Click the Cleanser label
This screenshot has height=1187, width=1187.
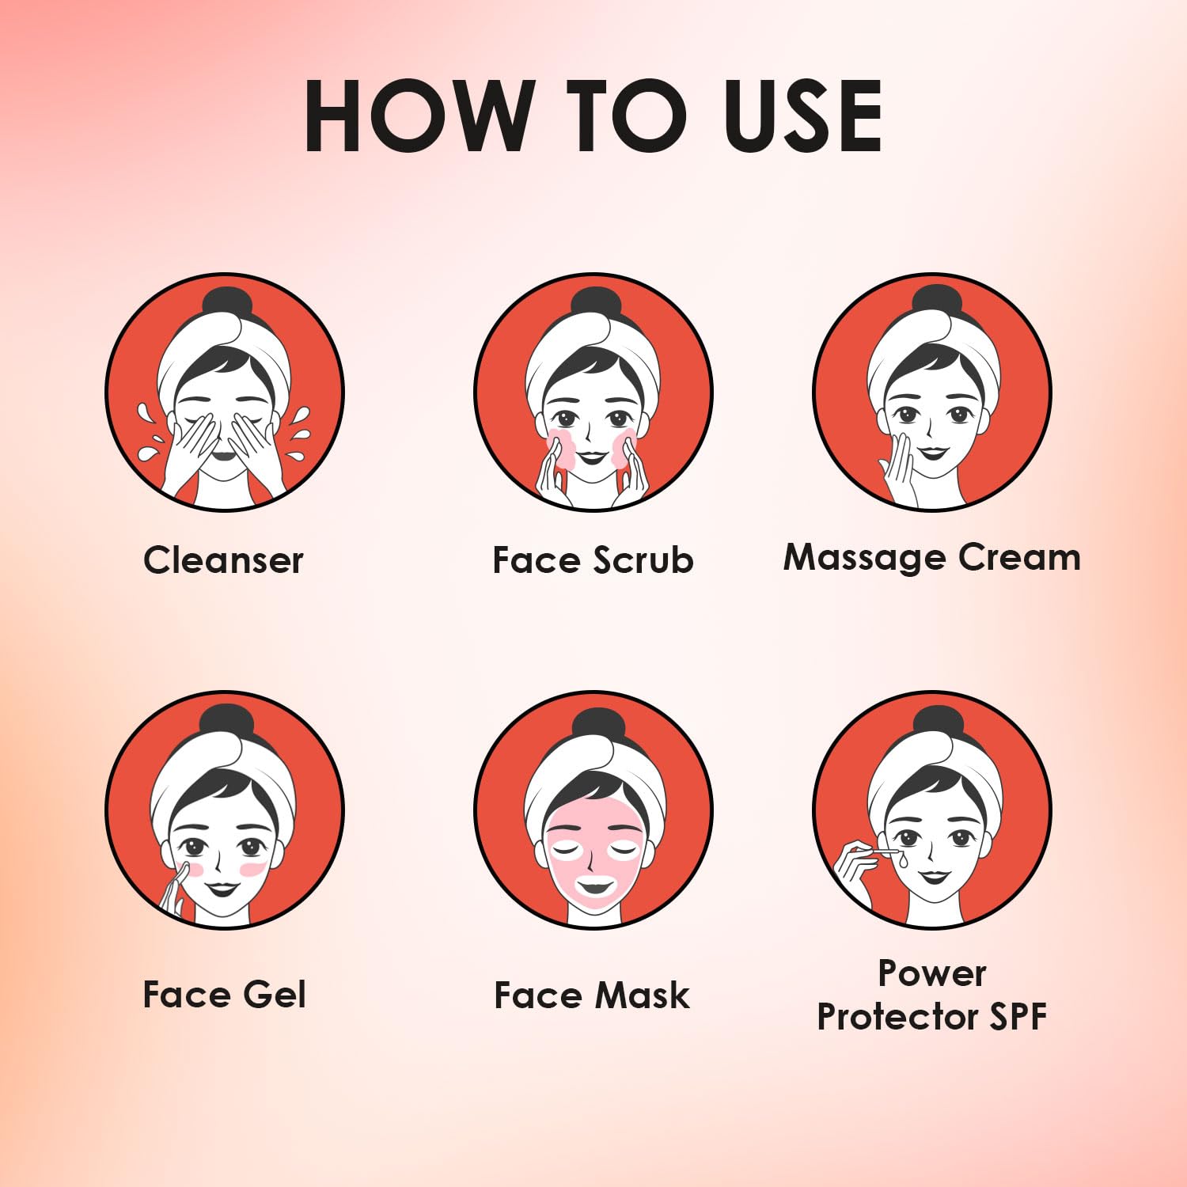tap(223, 560)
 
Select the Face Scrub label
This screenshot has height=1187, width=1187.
tap(593, 560)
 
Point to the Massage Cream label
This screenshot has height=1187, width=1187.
tap(931, 558)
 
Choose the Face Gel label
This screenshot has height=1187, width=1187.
tap(224, 995)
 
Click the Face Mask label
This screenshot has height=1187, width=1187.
tap(592, 995)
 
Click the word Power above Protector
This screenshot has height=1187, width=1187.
tap(932, 973)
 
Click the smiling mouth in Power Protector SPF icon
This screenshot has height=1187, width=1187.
tap(934, 876)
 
